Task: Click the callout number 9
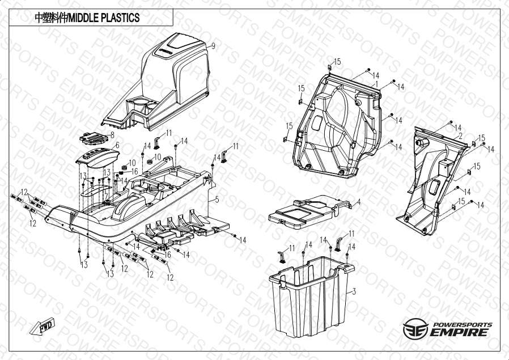(x=213, y=46)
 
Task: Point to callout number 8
(x=112, y=135)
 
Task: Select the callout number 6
(x=117, y=146)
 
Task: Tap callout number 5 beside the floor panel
(x=217, y=200)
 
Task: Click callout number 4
(x=358, y=202)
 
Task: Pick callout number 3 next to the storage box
(x=354, y=292)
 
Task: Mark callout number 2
(x=461, y=136)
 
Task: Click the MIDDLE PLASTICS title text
(x=87, y=18)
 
